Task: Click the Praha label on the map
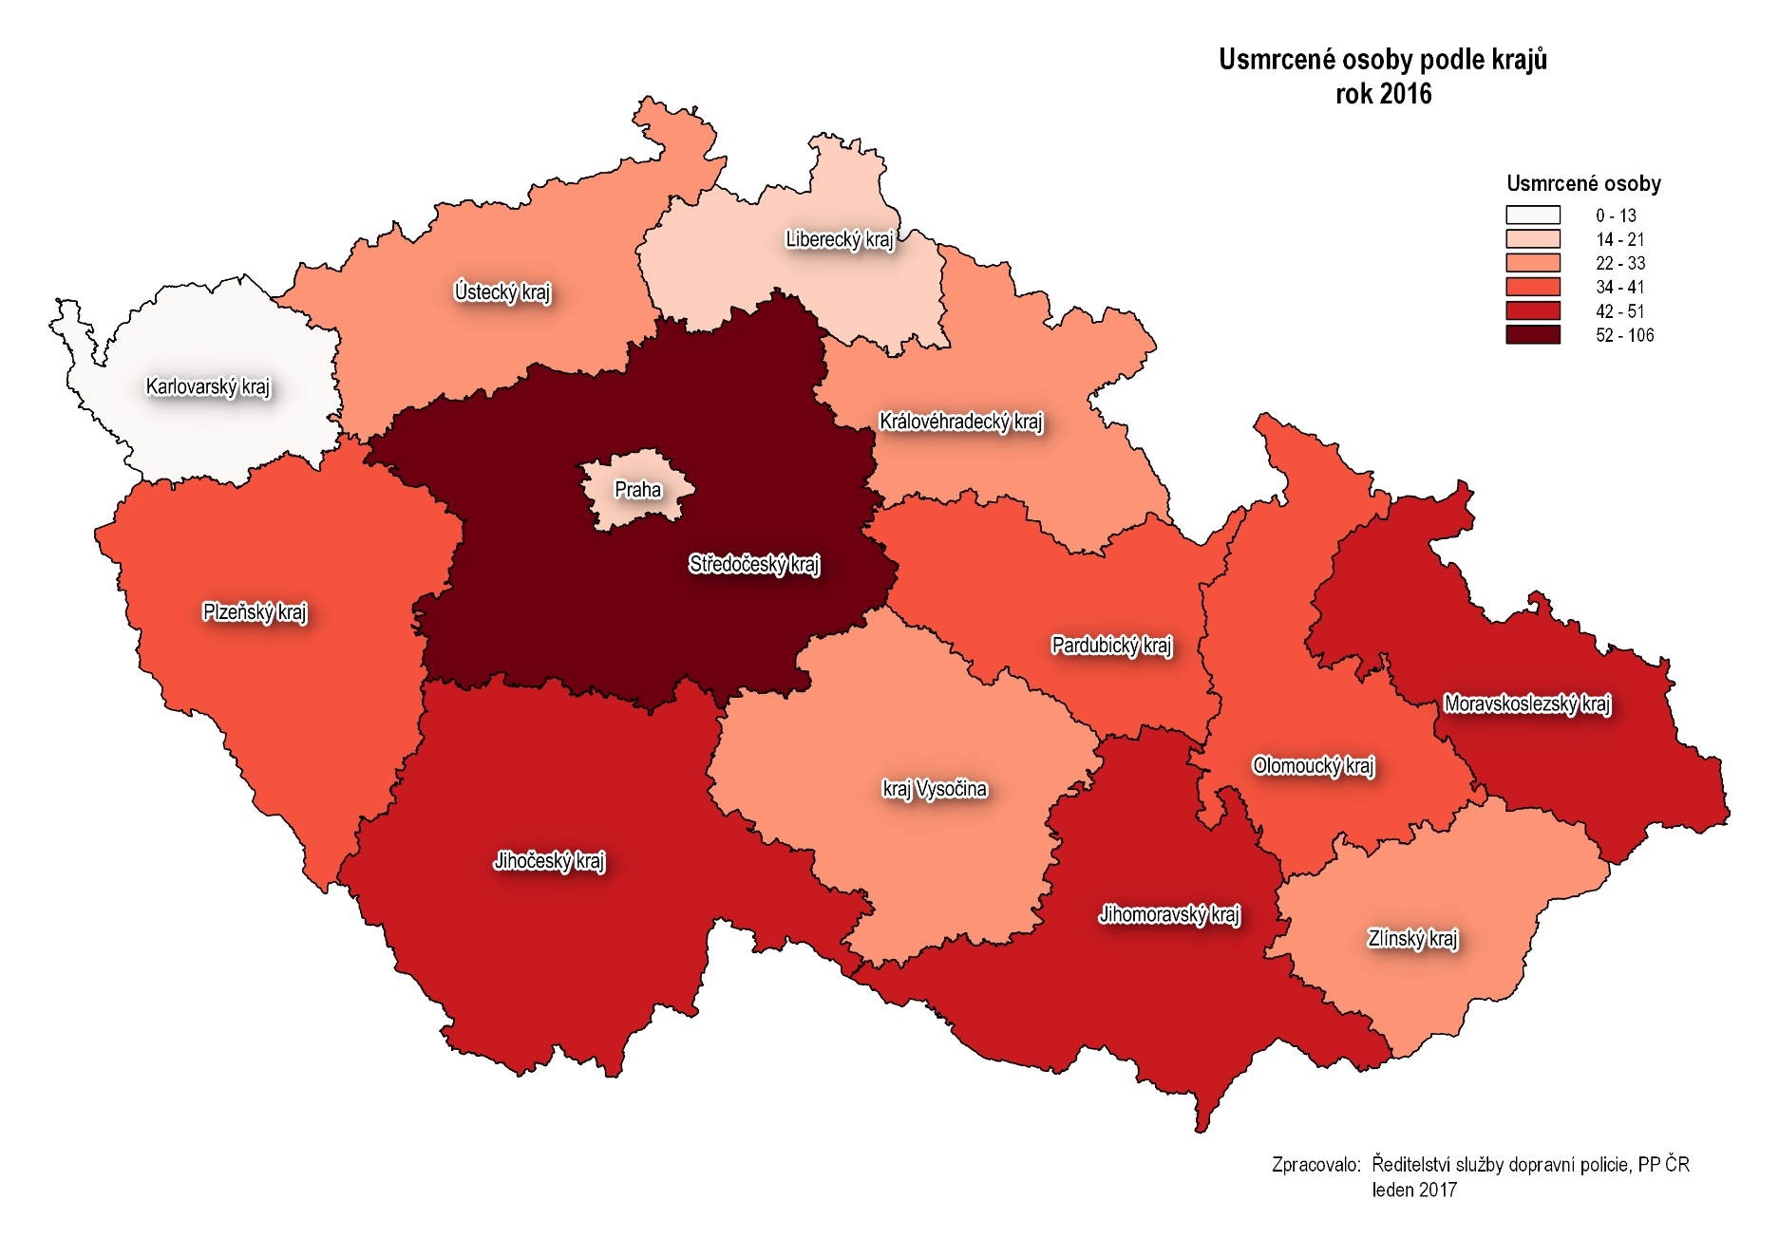[637, 490]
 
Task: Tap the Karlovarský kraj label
[207, 386]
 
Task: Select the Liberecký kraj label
[840, 239]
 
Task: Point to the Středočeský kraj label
[754, 565]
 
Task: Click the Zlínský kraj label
[1412, 939]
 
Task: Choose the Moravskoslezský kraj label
[1526, 704]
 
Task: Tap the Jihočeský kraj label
[549, 861]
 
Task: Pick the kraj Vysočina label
[935, 789]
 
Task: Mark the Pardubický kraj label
[1111, 646]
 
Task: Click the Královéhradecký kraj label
[960, 422]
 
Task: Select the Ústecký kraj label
[502, 292]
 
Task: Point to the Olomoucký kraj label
[1313, 766]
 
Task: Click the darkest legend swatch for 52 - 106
[1532, 335]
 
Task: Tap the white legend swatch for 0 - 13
[1532, 216]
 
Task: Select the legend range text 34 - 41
[1619, 287]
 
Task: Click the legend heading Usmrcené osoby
[1583, 183]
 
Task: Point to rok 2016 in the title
[1383, 94]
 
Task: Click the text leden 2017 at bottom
[1413, 1190]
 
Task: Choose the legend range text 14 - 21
[1619, 239]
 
